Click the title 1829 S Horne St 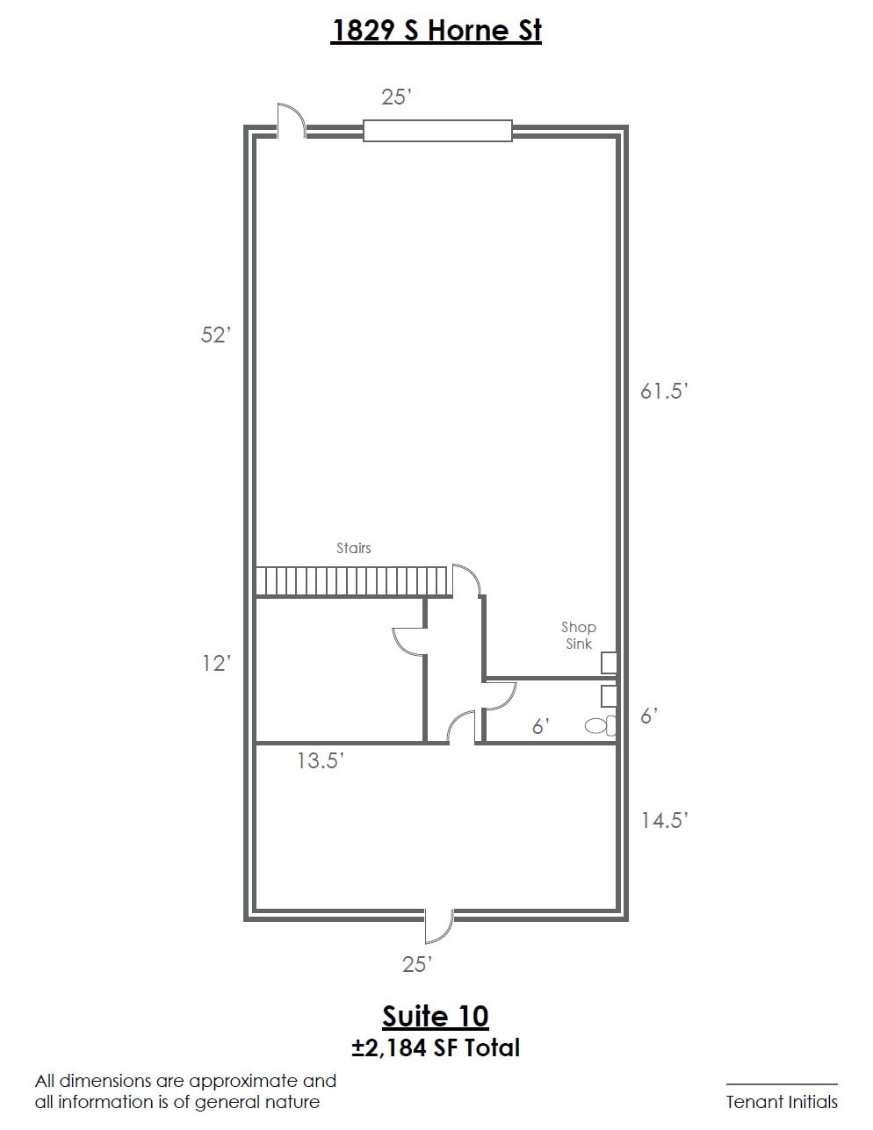(x=436, y=31)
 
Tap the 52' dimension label (x=215, y=335)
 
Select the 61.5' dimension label (x=662, y=392)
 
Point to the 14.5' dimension (x=663, y=820)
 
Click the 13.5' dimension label (x=320, y=761)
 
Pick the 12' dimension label (x=215, y=664)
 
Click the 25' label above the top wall (x=396, y=97)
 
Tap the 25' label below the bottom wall (x=417, y=965)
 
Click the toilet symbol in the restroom (x=600, y=726)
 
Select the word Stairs (x=354, y=548)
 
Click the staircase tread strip (x=351, y=581)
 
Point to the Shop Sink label (x=579, y=636)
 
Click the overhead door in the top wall (x=437, y=131)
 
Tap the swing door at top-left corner (x=291, y=121)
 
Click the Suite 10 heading (x=436, y=1017)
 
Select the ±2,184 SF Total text (x=436, y=1047)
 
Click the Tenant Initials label (x=781, y=1102)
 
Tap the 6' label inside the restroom (x=541, y=727)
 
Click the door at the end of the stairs (x=466, y=580)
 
